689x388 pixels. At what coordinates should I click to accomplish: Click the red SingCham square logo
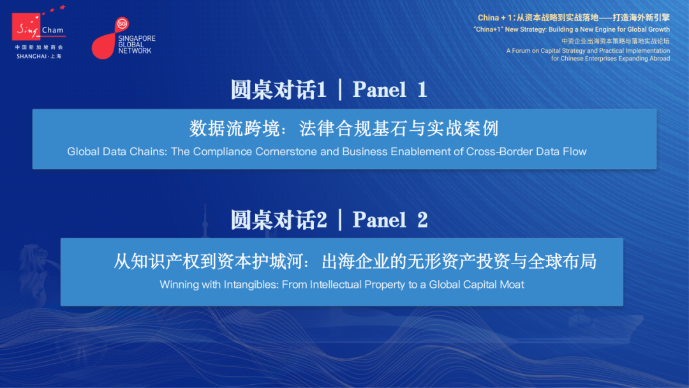26,26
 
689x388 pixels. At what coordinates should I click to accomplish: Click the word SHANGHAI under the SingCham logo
32,56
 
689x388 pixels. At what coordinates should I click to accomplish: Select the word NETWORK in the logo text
135,51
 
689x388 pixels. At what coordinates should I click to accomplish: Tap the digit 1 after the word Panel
422,89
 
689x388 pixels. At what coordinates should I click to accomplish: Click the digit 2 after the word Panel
422,220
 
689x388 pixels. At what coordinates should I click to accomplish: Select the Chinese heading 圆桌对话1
279,89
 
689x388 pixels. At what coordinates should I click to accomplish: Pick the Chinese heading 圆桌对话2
279,220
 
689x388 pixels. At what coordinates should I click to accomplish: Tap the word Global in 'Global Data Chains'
80,152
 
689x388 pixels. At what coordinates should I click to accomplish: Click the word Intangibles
251,285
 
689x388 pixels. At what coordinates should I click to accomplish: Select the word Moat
512,285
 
